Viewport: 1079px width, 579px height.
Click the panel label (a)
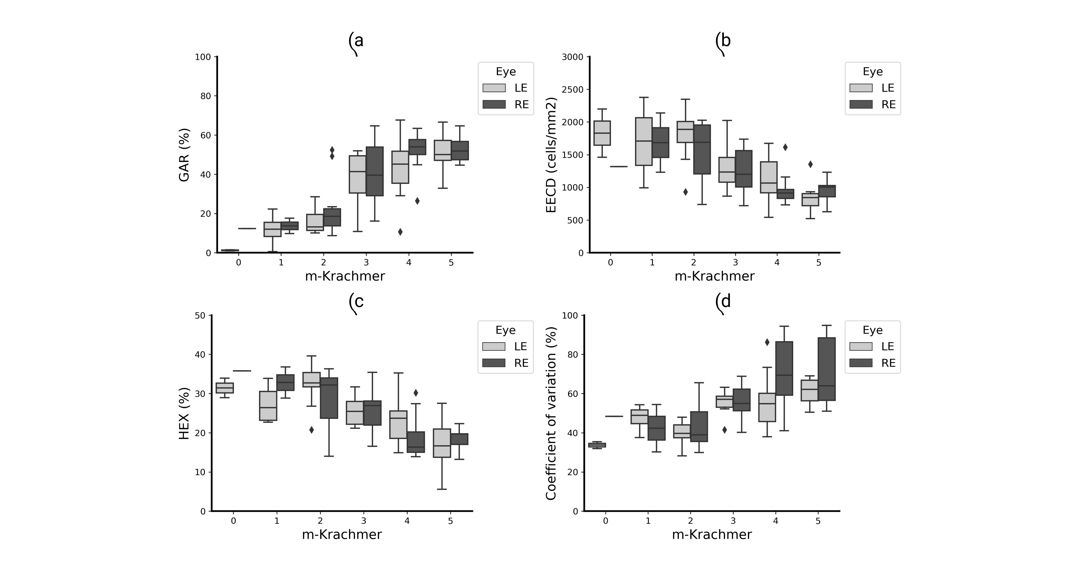[356, 41]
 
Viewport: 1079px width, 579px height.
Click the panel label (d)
[723, 301]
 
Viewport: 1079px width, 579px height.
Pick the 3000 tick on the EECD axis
[575, 57]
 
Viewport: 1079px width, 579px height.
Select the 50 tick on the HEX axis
[200, 315]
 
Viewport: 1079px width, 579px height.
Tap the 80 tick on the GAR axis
[205, 96]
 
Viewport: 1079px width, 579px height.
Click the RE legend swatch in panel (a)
[494, 104]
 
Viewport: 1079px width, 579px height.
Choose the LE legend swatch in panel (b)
[861, 88]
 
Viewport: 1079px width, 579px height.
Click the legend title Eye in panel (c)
[506, 330]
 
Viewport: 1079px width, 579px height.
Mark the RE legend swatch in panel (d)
[861, 363]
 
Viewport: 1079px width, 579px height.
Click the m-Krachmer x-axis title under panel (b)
[715, 276]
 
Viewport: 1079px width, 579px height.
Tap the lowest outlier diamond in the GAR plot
[400, 232]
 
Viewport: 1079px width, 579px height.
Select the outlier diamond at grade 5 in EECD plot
[810, 164]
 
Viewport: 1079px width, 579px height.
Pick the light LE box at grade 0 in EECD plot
[602, 133]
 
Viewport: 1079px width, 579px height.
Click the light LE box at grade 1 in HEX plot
[268, 406]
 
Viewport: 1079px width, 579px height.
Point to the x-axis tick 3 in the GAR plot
[366, 263]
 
